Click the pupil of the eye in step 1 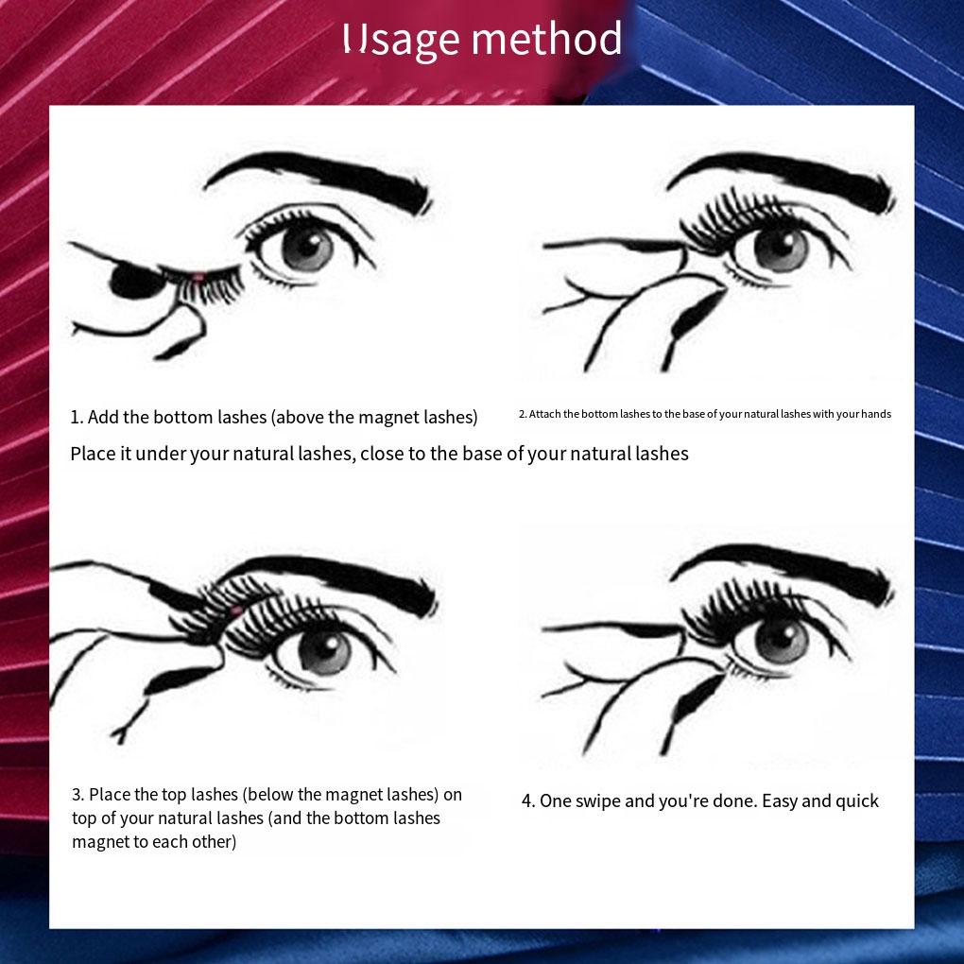(307, 248)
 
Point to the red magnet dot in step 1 (198, 276)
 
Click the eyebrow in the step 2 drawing (784, 175)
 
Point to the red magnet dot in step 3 (235, 612)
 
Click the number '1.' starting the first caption (77, 417)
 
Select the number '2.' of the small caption (523, 414)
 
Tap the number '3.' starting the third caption (78, 795)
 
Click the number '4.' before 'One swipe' (528, 801)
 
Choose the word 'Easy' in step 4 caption (780, 801)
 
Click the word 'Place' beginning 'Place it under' (93, 454)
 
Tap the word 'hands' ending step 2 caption (876, 414)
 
